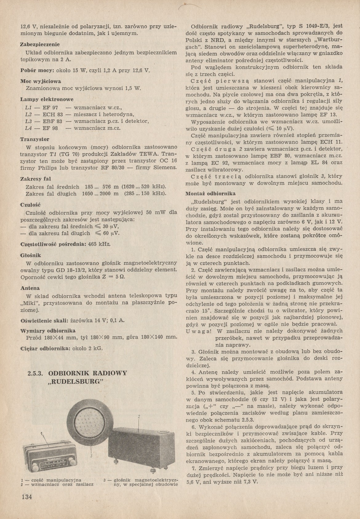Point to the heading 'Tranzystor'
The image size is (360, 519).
[x=34, y=139]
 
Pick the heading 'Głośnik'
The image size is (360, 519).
[x=31, y=255]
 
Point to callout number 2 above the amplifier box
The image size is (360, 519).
[x=139, y=417]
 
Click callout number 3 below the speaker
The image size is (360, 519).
[x=91, y=456]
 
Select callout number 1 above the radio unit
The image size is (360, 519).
[x=41, y=433]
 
